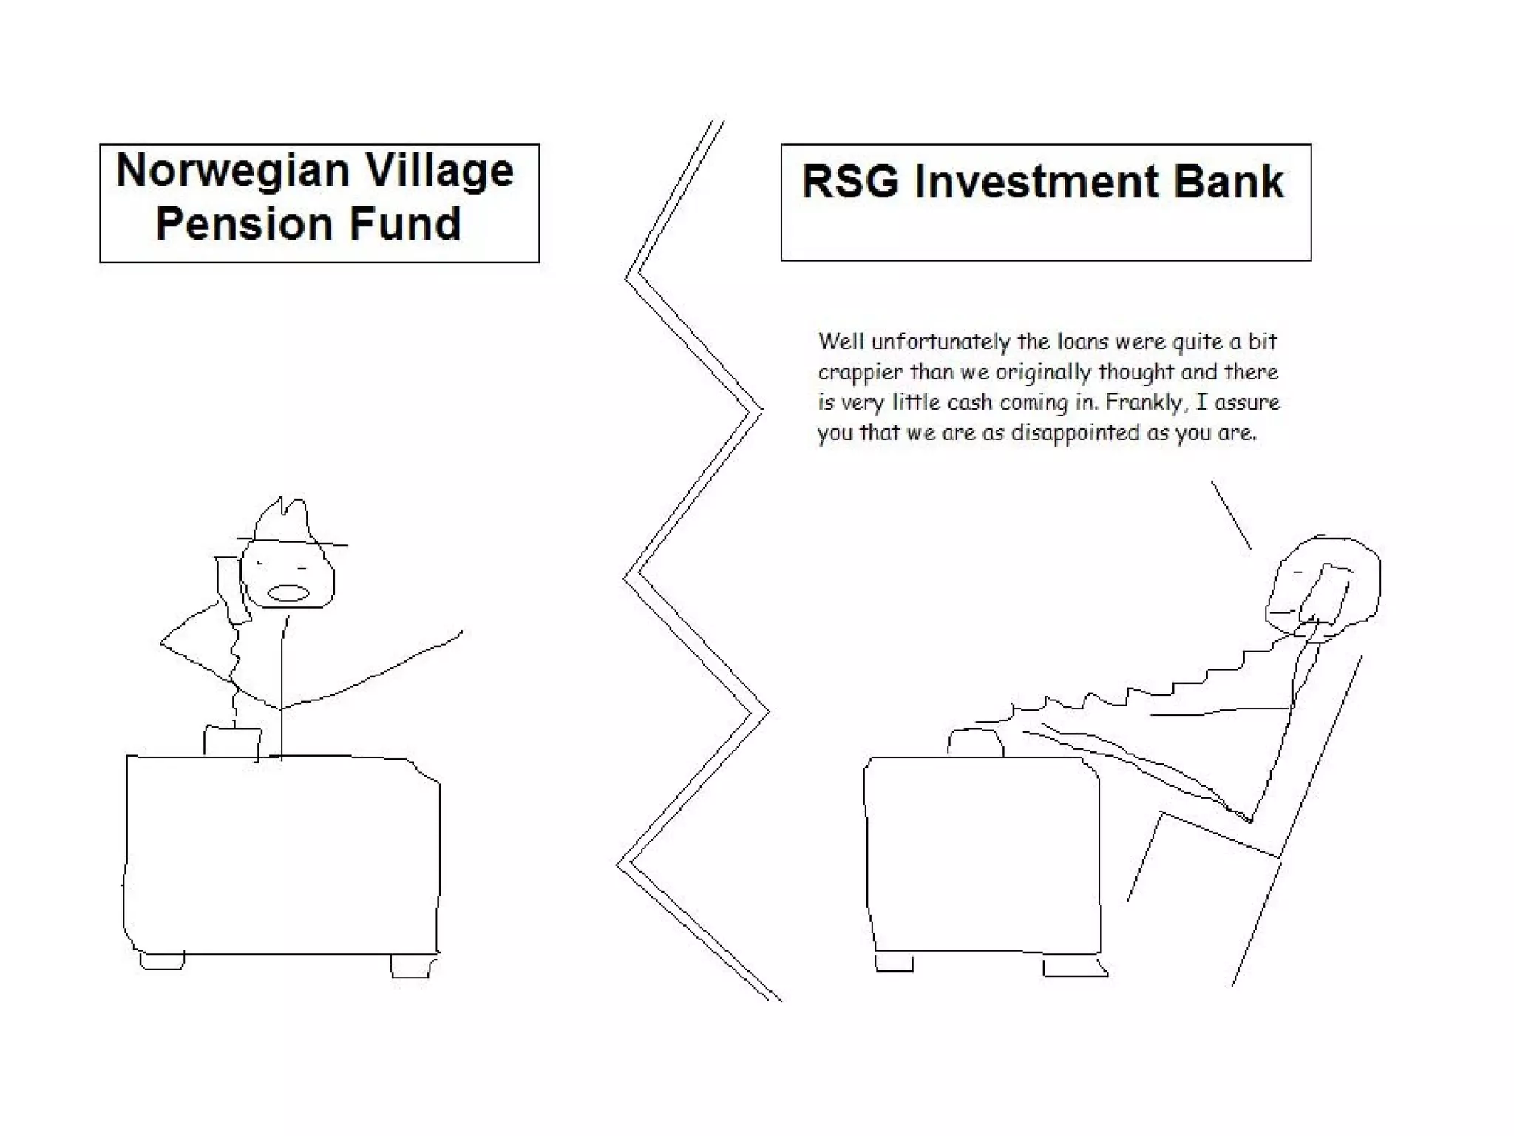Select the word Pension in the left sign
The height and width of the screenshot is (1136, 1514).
click(x=245, y=223)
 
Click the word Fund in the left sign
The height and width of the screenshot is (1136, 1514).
click(x=405, y=223)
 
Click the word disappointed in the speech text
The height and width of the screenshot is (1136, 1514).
click(x=1075, y=433)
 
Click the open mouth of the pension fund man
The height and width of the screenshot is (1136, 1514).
click(x=288, y=593)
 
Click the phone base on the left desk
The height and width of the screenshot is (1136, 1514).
click(x=232, y=742)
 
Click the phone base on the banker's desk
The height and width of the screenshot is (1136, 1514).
click(x=975, y=743)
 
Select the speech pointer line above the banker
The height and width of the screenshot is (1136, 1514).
click(x=1230, y=515)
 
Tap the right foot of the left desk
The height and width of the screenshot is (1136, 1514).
click(x=410, y=966)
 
